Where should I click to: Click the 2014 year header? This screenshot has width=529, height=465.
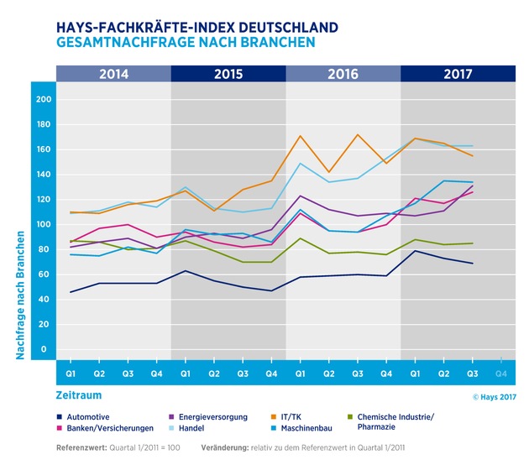[113, 72]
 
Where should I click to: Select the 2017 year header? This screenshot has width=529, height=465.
[458, 72]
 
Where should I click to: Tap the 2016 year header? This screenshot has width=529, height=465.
[343, 72]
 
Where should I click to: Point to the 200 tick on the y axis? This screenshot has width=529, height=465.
[44, 99]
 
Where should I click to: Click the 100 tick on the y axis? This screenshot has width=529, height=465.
[44, 224]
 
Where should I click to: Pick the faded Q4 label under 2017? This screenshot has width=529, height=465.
[500, 372]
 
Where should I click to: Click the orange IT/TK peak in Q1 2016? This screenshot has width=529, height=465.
[300, 136]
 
